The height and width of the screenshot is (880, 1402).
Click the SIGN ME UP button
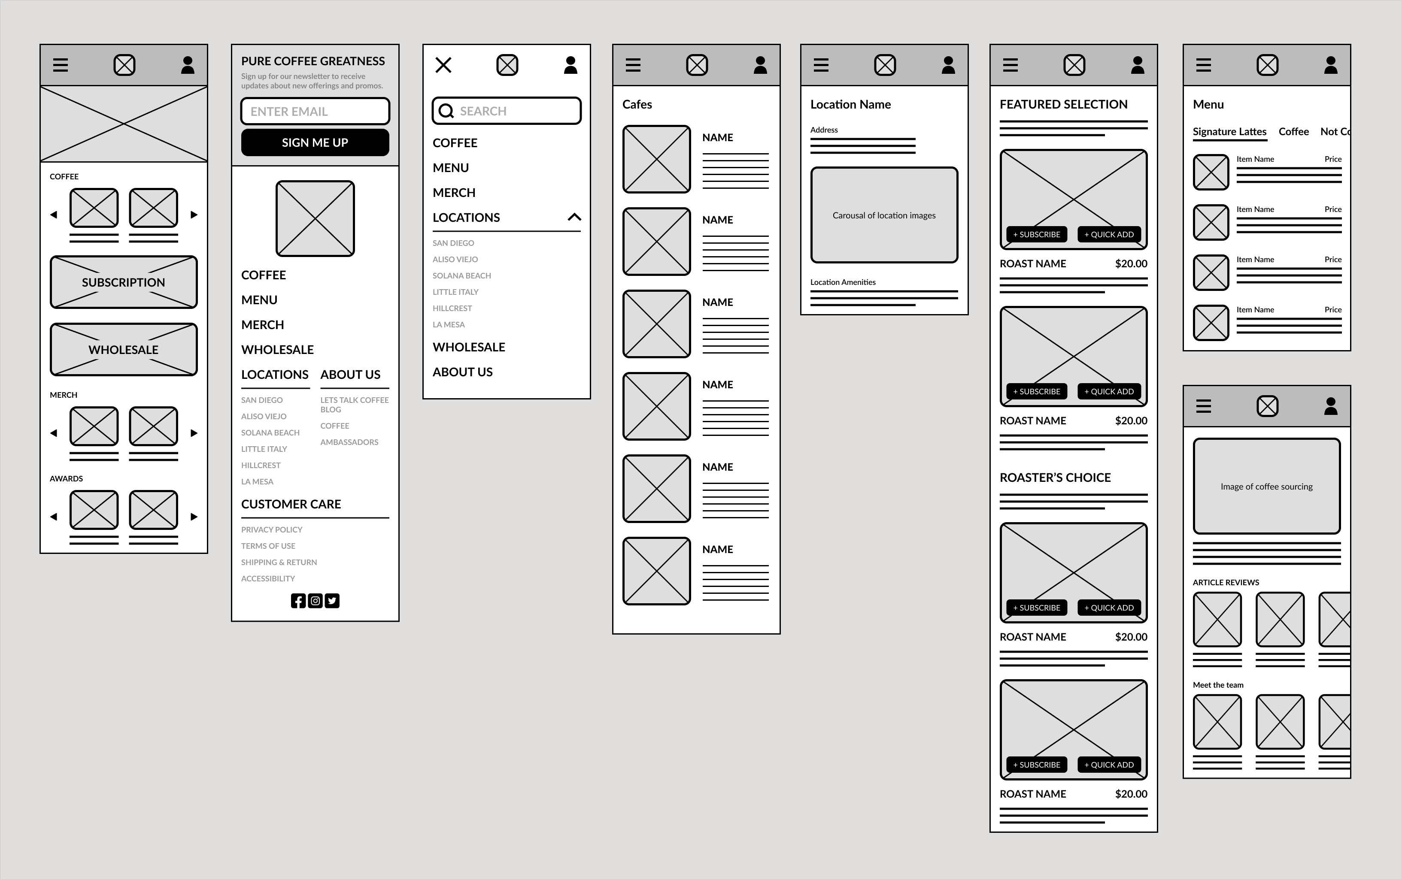coord(315,142)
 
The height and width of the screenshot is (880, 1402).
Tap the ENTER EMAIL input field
coord(315,111)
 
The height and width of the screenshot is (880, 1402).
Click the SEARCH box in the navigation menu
coord(507,111)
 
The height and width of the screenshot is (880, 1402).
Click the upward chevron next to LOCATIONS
coord(574,217)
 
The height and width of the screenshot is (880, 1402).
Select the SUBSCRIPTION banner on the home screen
coord(124,282)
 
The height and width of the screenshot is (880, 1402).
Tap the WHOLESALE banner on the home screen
coord(124,349)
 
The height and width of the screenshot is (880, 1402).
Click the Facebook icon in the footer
coord(298,601)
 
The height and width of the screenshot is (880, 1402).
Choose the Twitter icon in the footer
coord(332,601)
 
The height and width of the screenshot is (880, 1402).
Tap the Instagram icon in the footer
coord(315,601)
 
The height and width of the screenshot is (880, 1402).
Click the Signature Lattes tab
coord(1230,132)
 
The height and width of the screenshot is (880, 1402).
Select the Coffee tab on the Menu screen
coord(1294,132)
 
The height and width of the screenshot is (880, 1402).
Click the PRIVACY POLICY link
coord(272,529)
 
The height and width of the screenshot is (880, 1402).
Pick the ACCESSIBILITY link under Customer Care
coord(268,578)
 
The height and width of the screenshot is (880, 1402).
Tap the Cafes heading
coord(637,104)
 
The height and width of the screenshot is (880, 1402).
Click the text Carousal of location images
coord(884,215)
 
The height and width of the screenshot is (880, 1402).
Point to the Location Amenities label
coord(843,282)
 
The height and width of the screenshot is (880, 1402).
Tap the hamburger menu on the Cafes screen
coord(633,65)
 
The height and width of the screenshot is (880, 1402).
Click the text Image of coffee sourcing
coord(1267,487)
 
